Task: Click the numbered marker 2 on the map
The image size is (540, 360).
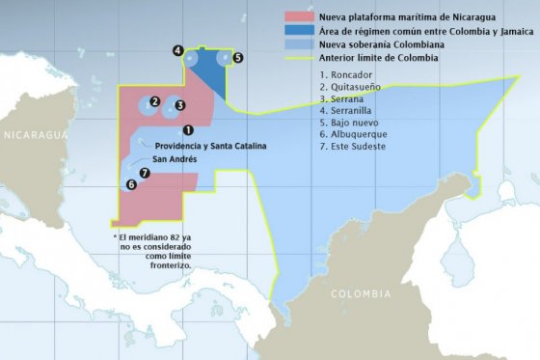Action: pyautogui.click(x=154, y=102)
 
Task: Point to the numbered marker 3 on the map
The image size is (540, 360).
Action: pyautogui.click(x=179, y=104)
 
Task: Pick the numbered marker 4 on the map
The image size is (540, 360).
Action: pyautogui.click(x=178, y=49)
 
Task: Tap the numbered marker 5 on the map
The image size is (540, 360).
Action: pyautogui.click(x=237, y=58)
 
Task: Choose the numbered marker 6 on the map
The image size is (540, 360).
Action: pyautogui.click(x=131, y=183)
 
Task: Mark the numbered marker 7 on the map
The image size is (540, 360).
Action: pyautogui.click(x=145, y=173)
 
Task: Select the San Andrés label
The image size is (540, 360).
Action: pyautogui.click(x=175, y=157)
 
